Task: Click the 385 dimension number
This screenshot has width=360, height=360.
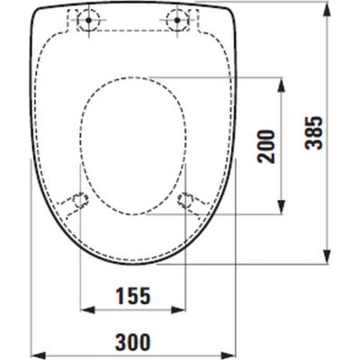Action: [x=314, y=132]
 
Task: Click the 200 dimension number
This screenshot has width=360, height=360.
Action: [x=267, y=147]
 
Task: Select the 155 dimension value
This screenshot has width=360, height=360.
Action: [x=133, y=295]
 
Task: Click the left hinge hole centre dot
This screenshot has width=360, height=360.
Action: [x=88, y=20]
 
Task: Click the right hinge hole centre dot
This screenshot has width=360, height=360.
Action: [x=177, y=20]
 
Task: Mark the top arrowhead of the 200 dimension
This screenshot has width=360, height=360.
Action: [x=281, y=85]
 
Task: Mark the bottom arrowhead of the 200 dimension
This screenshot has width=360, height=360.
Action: [x=281, y=207]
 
